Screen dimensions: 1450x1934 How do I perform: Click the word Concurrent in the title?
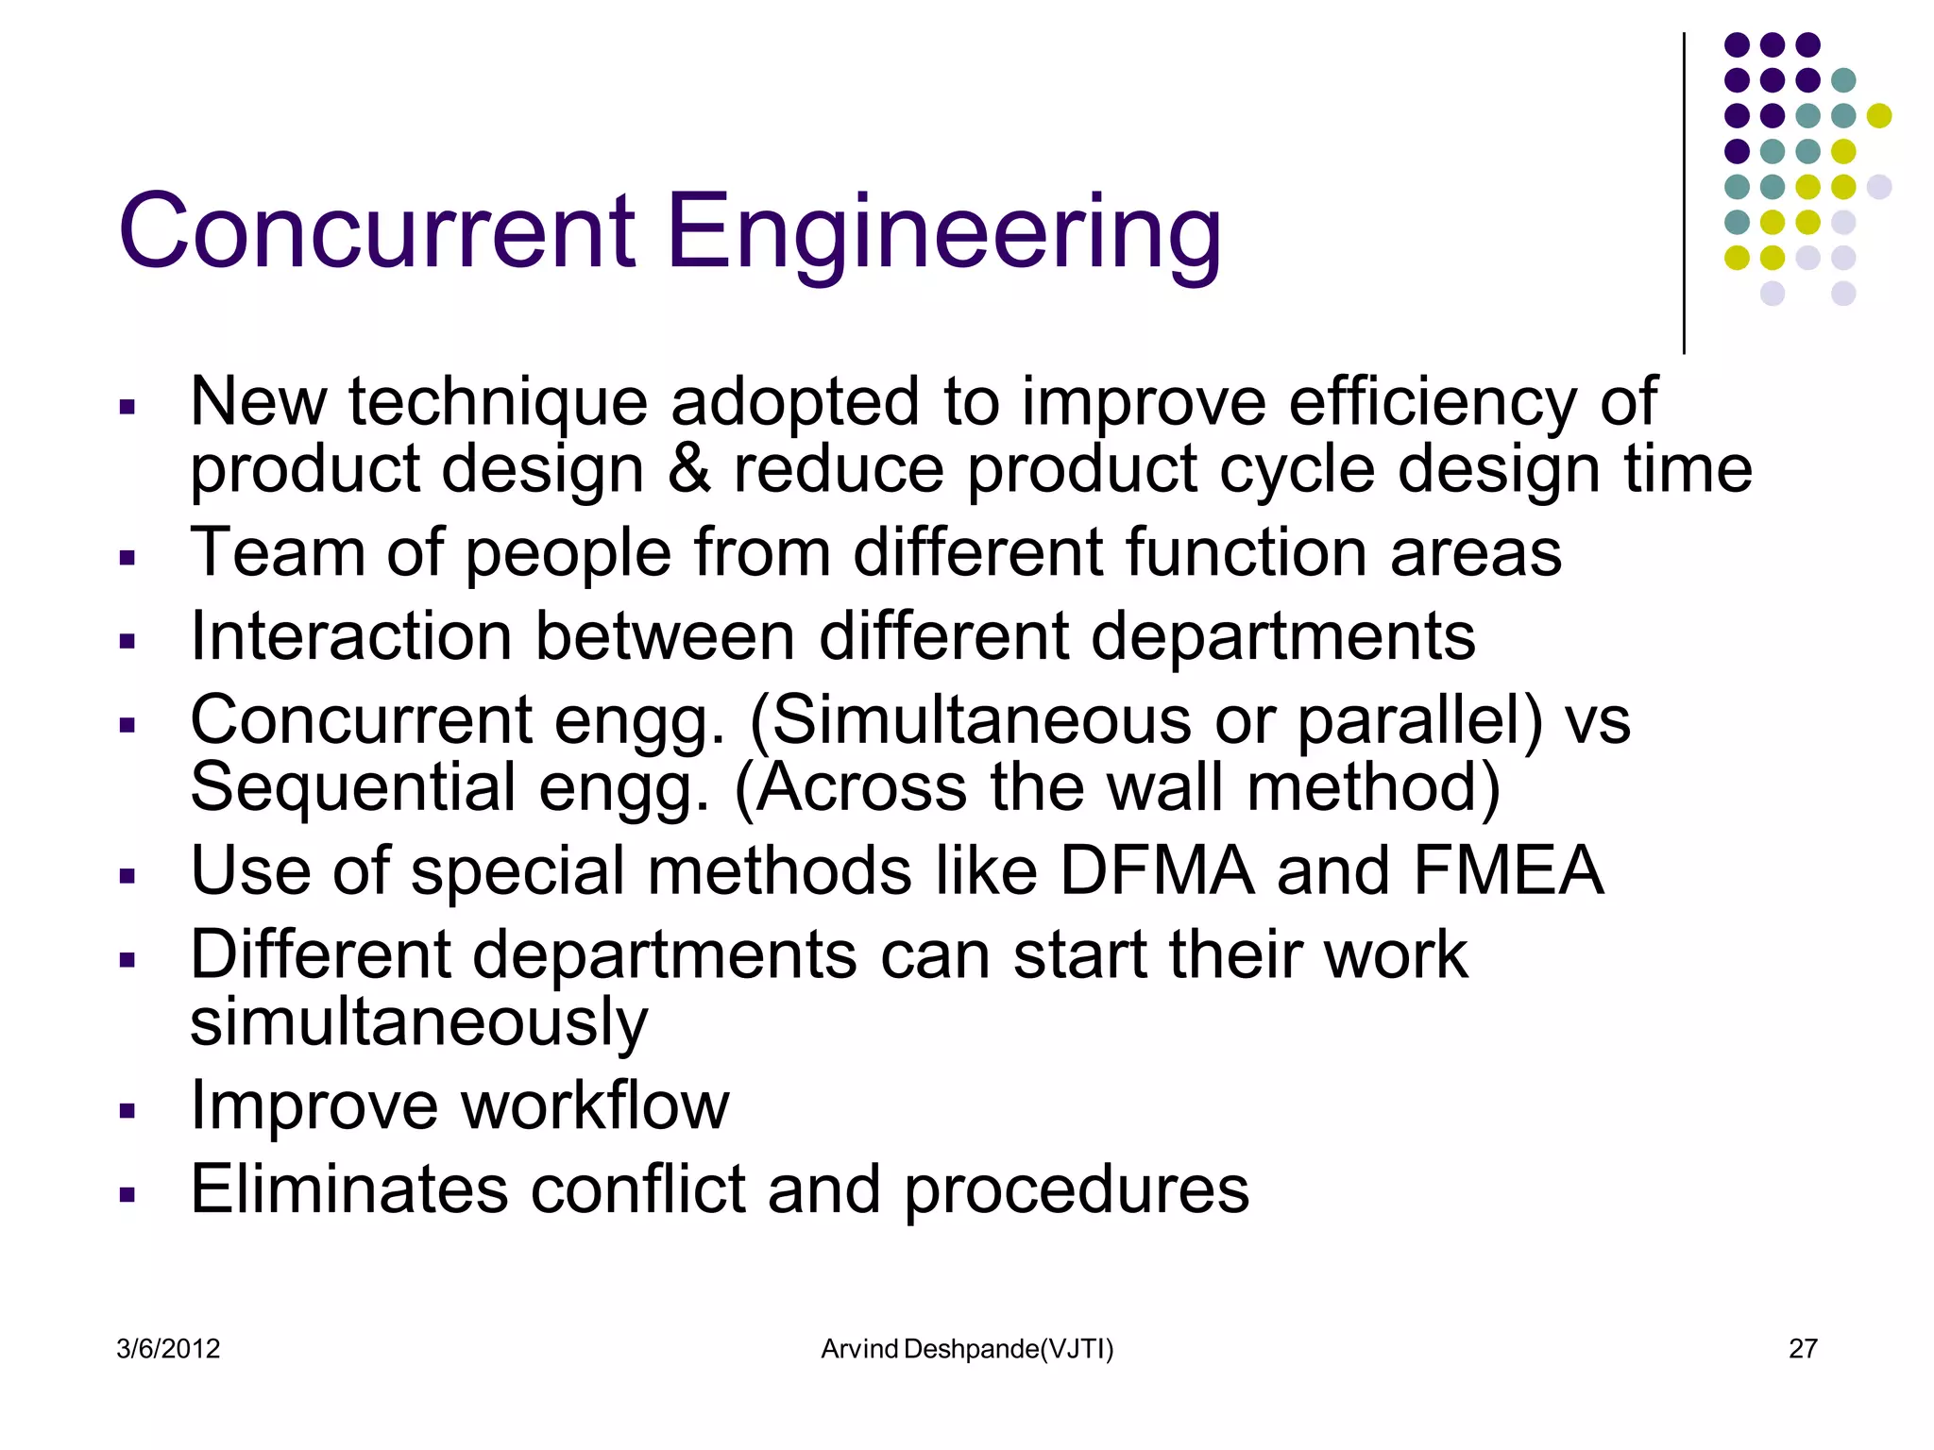pyautogui.click(x=377, y=231)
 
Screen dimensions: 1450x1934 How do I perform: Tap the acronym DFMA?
pyautogui.click(x=1157, y=870)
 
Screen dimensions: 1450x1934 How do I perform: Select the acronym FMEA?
pyautogui.click(x=1508, y=870)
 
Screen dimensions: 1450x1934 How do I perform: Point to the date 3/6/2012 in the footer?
pyautogui.click(x=168, y=1349)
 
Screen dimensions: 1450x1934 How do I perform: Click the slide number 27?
pyautogui.click(x=1803, y=1349)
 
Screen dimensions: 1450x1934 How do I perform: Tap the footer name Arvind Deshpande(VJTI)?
pyautogui.click(x=967, y=1349)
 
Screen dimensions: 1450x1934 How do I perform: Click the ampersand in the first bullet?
pyautogui.click(x=689, y=469)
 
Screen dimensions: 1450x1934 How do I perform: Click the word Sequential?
pyautogui.click(x=353, y=787)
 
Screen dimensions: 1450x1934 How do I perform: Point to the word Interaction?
pyautogui.click(x=351, y=635)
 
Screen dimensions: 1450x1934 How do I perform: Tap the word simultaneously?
pyautogui.click(x=418, y=1022)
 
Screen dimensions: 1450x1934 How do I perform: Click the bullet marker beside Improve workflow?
pyautogui.click(x=127, y=1110)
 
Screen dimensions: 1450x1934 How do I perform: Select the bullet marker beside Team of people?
pyautogui.click(x=127, y=558)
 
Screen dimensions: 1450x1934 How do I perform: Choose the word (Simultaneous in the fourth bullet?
pyautogui.click(x=970, y=720)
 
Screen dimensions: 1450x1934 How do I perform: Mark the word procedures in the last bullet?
pyautogui.click(x=1077, y=1189)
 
